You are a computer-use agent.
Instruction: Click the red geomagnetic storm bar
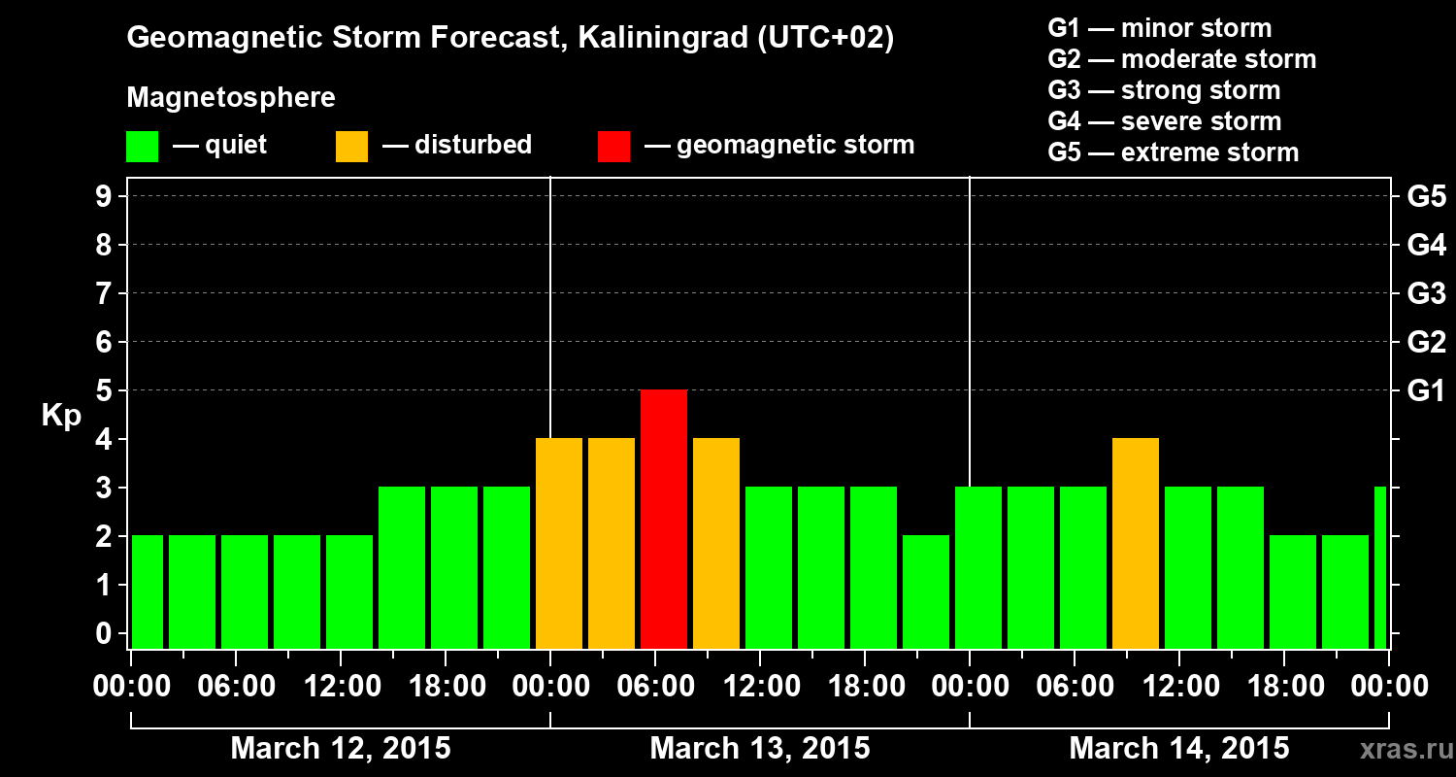coord(664,519)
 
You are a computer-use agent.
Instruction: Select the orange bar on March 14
coord(1136,543)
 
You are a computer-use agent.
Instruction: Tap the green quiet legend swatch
coord(142,147)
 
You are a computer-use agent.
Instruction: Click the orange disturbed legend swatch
coord(351,147)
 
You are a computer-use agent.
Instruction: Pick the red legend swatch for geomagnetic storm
coord(613,147)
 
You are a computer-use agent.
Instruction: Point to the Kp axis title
coord(60,416)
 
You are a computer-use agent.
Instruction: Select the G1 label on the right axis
coord(1426,391)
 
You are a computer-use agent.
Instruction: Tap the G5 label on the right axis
coord(1426,197)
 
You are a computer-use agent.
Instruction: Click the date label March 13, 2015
coord(759,749)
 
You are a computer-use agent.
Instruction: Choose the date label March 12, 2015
coord(340,749)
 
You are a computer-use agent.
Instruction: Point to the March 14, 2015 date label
coord(1178,749)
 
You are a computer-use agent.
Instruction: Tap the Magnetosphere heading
coord(231,98)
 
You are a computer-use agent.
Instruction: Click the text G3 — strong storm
coord(1164,90)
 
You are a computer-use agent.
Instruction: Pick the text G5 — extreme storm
coord(1173,152)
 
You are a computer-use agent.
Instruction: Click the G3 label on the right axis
coord(1426,294)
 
